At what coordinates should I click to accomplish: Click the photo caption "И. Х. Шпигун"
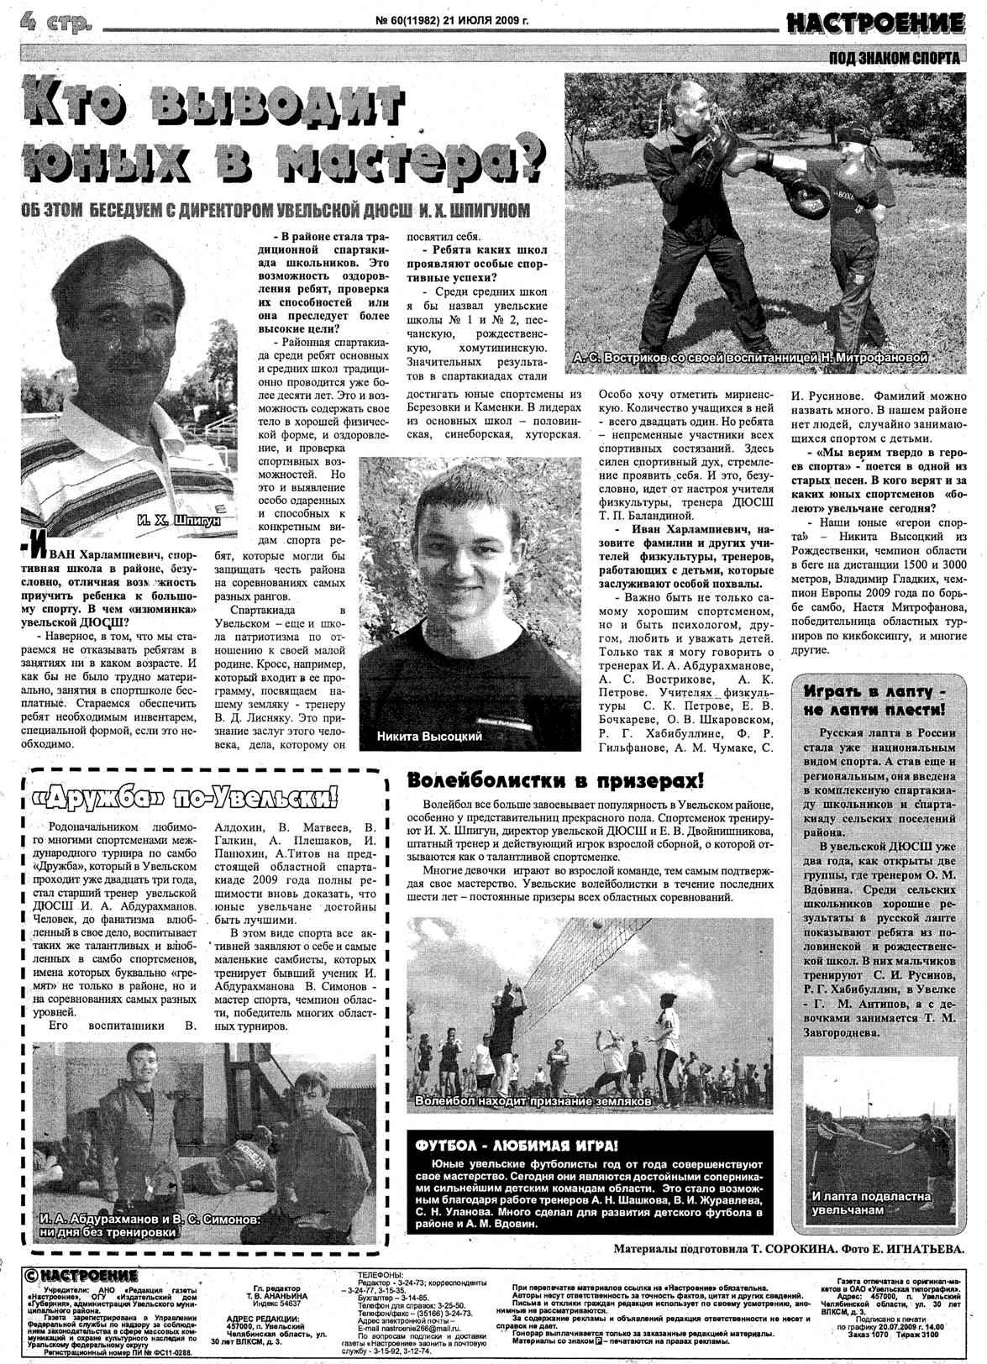coord(177,522)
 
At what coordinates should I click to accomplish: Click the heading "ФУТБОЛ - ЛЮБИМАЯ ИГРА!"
coord(512,1146)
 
